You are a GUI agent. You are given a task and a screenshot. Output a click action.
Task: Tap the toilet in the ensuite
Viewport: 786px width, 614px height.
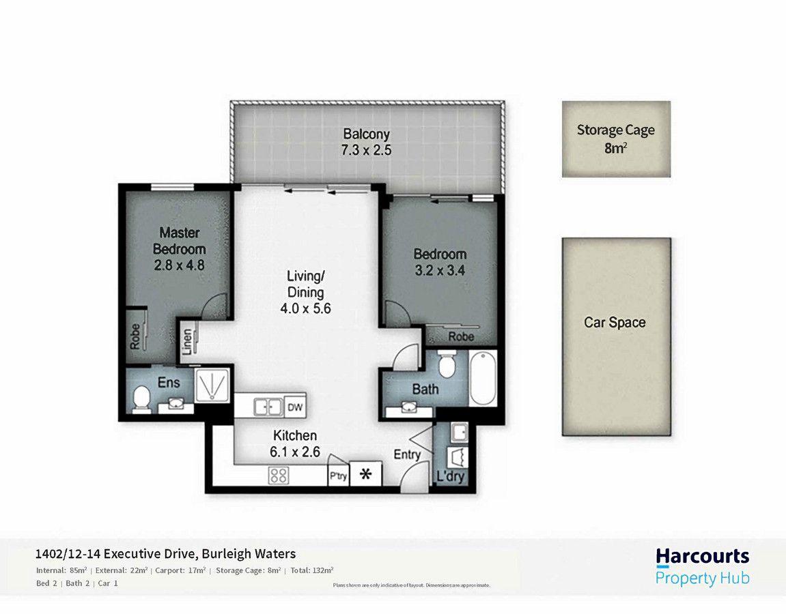pos(142,398)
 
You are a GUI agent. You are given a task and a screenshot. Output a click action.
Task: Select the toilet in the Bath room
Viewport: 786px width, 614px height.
pos(447,364)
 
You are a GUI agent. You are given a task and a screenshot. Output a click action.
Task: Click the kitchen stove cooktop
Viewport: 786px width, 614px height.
pos(278,475)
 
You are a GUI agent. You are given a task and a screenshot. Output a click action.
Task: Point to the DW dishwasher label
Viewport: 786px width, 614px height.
pos(295,407)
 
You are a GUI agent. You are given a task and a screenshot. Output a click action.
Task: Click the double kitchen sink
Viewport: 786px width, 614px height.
pos(268,407)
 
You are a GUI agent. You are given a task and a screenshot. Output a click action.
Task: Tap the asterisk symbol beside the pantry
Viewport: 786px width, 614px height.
pos(365,474)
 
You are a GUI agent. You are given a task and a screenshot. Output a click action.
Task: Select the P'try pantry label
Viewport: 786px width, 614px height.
pos(338,476)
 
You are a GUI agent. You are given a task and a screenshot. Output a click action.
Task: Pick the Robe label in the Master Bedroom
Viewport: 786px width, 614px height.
pos(135,336)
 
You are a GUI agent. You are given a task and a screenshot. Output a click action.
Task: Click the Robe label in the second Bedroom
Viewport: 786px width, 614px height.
pos(461,336)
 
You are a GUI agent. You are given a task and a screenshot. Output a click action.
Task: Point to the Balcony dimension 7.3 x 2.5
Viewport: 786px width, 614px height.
pos(367,150)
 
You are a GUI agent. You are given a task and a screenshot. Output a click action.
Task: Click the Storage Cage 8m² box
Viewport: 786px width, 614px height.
pos(616,139)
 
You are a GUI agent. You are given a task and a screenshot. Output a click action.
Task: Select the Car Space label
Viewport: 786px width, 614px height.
pos(615,323)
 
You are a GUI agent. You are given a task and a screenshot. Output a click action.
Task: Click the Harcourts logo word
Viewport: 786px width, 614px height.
pos(702,556)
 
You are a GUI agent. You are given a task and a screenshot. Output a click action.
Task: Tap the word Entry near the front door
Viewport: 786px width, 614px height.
pos(407,455)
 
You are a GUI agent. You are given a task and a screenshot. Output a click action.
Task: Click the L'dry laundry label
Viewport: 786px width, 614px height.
pos(451,476)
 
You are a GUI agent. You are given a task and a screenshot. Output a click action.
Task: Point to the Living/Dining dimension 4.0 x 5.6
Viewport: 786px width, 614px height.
pos(305,308)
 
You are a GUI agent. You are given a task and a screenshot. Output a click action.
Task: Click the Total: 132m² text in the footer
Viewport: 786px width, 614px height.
pos(311,570)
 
